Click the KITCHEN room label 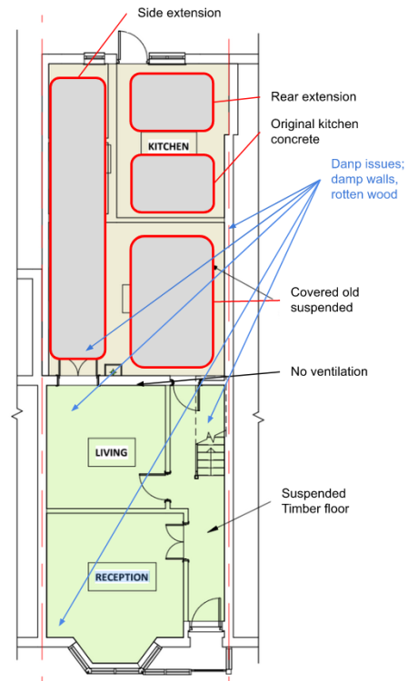coord(169,146)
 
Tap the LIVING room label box coord(112,452)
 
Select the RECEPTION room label coord(122,577)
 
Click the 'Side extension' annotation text coord(179,13)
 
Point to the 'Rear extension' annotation coord(313,96)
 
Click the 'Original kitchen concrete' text coord(314,131)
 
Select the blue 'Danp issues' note coord(368,179)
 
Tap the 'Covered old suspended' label coord(324,300)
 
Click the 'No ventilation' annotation coord(329,371)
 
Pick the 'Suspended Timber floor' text coord(315,500)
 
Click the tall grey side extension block coord(78,218)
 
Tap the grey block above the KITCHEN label coord(172,102)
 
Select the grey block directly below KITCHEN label coord(173,183)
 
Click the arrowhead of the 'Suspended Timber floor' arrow coord(210,529)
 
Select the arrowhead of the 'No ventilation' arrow coord(140,384)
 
